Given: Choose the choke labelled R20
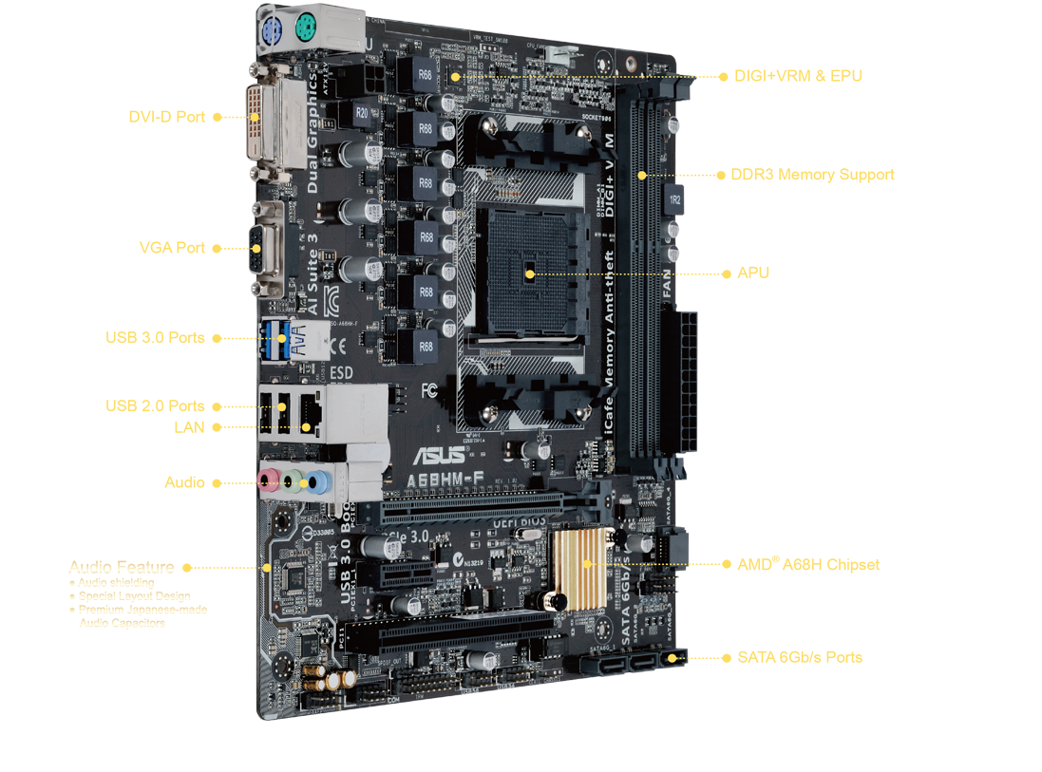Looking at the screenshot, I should pos(360,112).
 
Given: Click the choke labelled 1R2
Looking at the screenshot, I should pos(675,200).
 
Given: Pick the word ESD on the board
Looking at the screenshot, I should pos(343,370).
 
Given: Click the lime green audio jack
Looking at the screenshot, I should pos(295,480).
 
